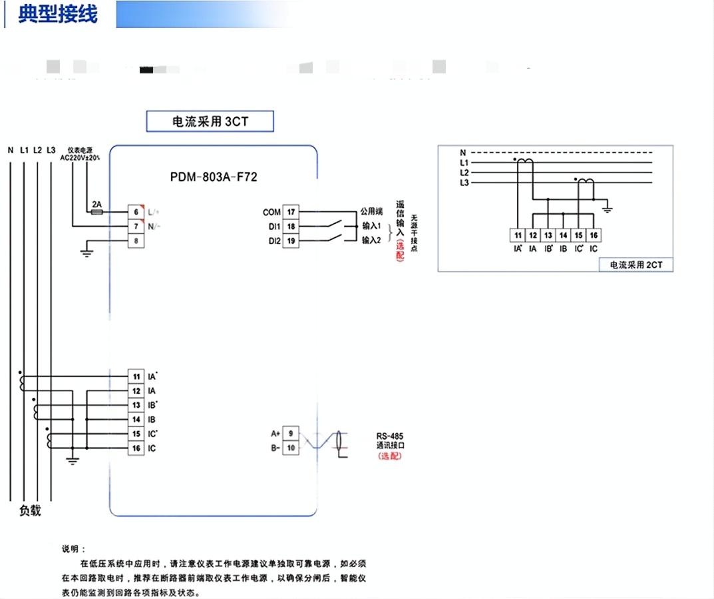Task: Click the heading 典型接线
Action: [x=58, y=14]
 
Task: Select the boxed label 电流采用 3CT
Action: [x=210, y=122]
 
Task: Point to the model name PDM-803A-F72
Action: [x=214, y=177]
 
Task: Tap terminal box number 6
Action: [x=136, y=212]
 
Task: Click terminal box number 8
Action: [x=136, y=241]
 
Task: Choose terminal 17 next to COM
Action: [x=291, y=212]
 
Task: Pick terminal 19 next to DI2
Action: [x=291, y=241]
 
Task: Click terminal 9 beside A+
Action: [x=291, y=433]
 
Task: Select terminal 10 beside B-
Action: [x=291, y=448]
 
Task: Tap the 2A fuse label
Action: [x=96, y=205]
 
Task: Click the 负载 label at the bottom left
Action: [x=30, y=511]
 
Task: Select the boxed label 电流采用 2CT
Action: [x=636, y=265]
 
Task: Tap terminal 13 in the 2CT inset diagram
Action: [x=548, y=235]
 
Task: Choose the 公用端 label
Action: [x=372, y=212]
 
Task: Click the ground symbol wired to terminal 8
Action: [x=85, y=251]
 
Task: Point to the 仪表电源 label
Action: [x=80, y=151]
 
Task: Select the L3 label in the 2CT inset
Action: [x=464, y=183]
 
